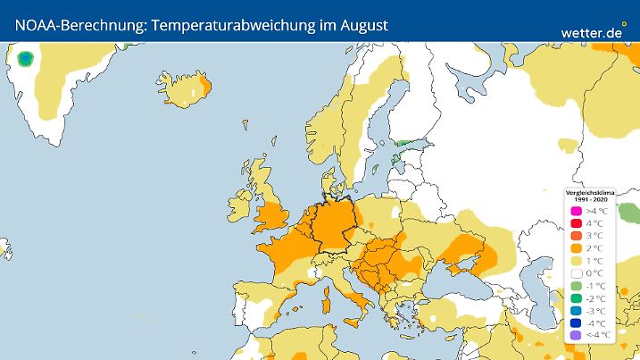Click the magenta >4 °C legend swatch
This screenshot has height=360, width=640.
click(577, 211)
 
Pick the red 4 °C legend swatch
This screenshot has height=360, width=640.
click(577, 223)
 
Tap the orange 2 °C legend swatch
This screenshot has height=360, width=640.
click(577, 248)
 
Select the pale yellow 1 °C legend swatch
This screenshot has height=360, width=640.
click(577, 261)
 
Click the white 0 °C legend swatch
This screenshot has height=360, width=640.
click(577, 273)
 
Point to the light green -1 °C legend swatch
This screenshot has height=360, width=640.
click(577, 286)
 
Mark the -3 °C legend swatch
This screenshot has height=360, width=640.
click(577, 311)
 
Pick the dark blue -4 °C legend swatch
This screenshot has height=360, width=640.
click(577, 323)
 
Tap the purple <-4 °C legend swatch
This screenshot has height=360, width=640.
click(577, 335)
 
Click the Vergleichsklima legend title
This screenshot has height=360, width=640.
click(587, 193)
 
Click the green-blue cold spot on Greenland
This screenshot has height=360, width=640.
click(25, 60)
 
